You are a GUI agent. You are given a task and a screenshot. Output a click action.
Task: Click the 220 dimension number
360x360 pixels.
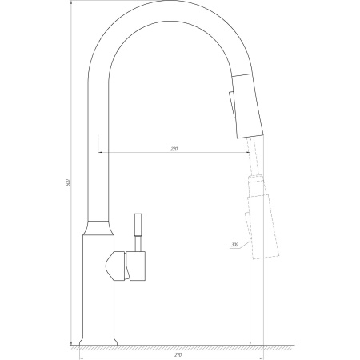tap(174, 150)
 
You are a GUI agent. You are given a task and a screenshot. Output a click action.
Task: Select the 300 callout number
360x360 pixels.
tap(234, 245)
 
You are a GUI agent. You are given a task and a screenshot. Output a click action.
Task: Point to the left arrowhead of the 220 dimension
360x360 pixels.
tap(101, 154)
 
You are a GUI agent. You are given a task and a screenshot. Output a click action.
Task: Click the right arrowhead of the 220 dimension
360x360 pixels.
tap(248, 154)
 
